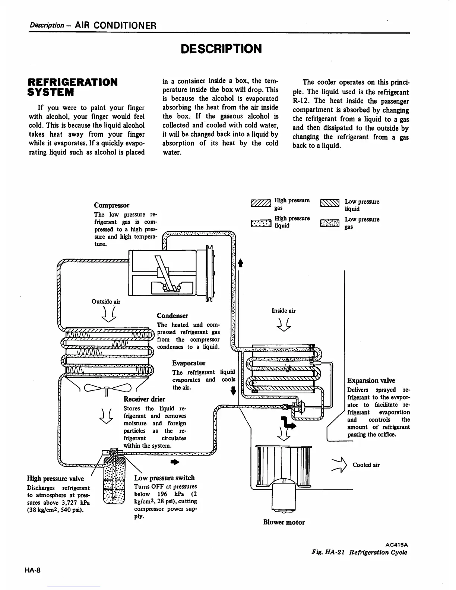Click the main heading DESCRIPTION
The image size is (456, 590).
[x=221, y=49]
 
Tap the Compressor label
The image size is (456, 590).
[x=112, y=205]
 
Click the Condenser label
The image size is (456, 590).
[x=172, y=315]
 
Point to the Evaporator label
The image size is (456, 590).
[x=189, y=363]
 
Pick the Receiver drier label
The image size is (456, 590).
[x=144, y=399]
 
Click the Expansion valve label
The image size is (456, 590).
[x=371, y=380]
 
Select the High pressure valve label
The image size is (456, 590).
[x=56, y=479]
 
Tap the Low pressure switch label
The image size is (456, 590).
[x=164, y=478]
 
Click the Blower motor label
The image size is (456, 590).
[x=284, y=522]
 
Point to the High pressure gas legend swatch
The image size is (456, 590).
[x=260, y=203]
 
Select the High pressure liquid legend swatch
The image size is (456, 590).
[x=260, y=223]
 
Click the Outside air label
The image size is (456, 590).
[x=106, y=302]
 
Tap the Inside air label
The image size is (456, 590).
[x=284, y=311]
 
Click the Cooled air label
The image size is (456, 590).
[x=366, y=465]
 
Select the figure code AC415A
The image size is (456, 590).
[x=396, y=544]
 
